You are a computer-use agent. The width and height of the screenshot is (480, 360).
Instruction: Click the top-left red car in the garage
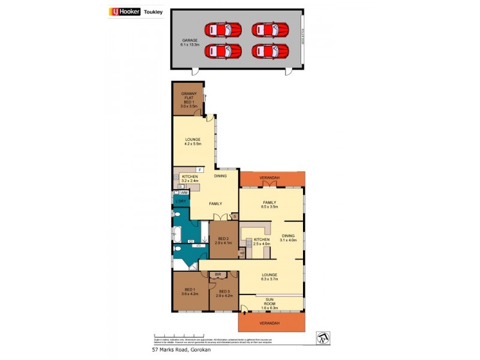click(223, 29)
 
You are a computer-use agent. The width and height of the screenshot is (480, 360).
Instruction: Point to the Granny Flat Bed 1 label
click(189, 98)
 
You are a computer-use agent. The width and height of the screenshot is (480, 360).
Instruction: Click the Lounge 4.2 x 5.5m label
click(193, 142)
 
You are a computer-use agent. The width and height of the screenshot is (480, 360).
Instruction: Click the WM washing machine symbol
click(184, 193)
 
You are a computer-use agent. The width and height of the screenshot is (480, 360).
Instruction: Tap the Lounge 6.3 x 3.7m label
click(269, 277)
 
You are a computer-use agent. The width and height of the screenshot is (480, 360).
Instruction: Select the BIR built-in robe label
click(218, 274)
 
